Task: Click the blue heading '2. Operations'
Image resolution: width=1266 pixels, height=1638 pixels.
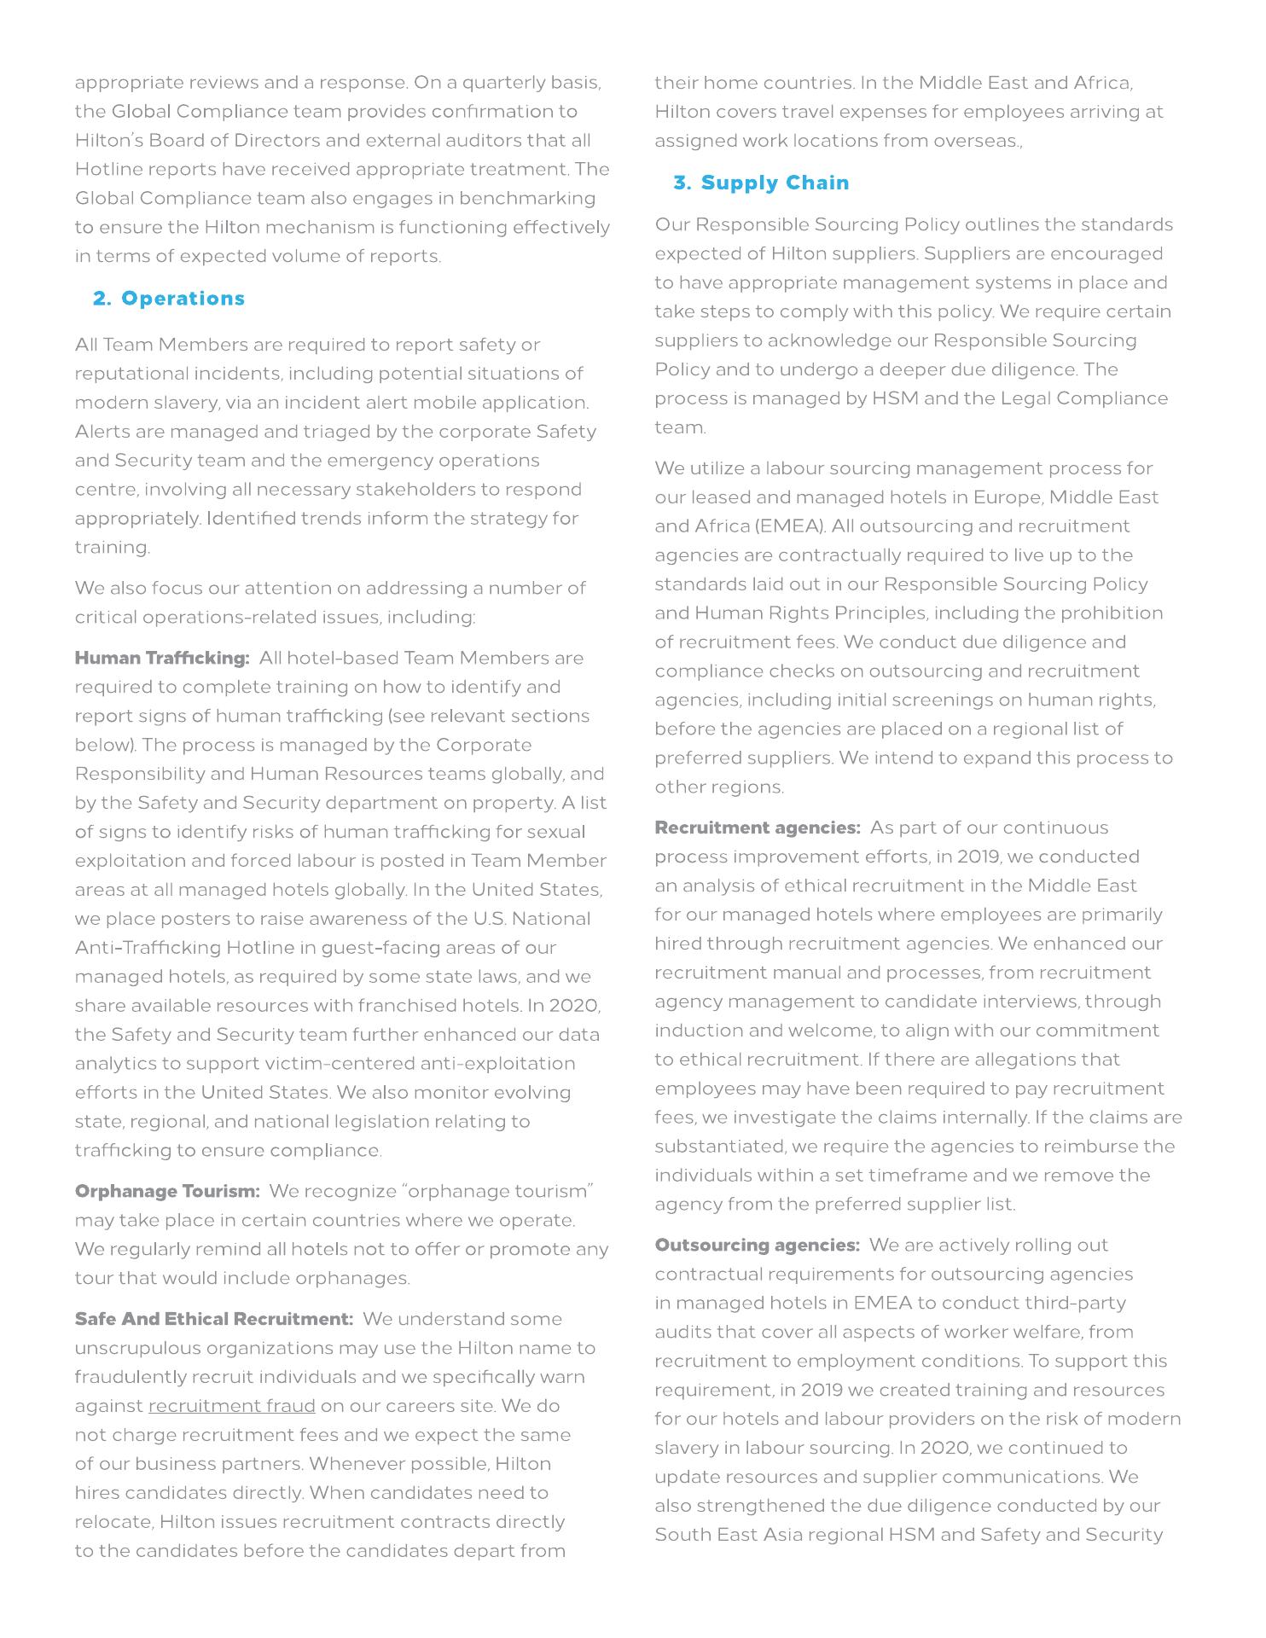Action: [x=169, y=299]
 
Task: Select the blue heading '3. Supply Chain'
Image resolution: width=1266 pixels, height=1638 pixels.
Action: [x=761, y=183]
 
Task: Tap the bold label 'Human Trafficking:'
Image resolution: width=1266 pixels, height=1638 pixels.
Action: [x=162, y=658]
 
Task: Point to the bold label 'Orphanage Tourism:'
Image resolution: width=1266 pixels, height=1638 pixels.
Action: [x=167, y=1191]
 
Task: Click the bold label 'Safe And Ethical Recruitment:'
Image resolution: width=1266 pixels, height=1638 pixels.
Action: [x=214, y=1319]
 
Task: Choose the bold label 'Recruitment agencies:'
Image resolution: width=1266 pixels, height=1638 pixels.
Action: [x=758, y=828]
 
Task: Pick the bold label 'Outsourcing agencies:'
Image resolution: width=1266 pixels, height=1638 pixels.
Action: [x=758, y=1245]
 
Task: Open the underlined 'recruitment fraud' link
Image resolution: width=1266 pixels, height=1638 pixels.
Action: [x=232, y=1406]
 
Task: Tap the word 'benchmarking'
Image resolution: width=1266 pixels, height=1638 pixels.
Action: [x=527, y=198]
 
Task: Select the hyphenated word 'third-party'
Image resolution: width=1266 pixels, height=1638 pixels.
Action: [x=1077, y=1303]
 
